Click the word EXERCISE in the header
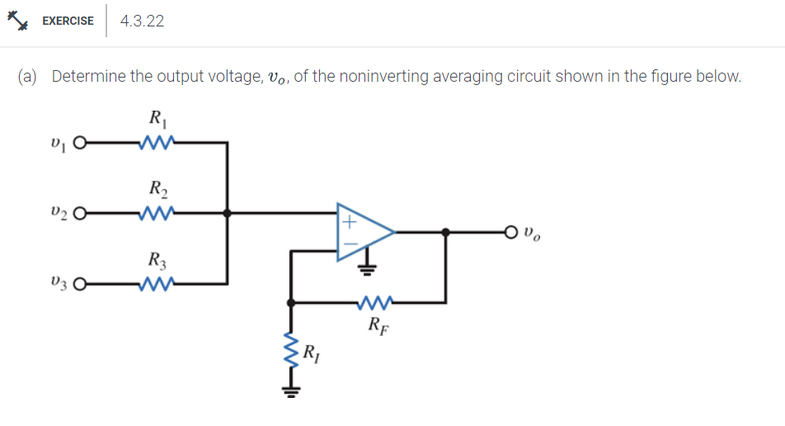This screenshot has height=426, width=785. click(68, 21)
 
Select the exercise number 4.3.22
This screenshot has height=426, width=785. click(142, 21)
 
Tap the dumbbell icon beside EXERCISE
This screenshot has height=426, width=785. click(18, 21)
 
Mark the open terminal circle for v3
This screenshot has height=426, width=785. click(80, 285)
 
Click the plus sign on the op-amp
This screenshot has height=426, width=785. click(348, 222)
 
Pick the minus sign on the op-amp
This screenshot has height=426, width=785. click(348, 244)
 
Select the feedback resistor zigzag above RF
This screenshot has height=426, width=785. click(375, 302)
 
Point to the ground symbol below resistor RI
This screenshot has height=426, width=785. click(289, 391)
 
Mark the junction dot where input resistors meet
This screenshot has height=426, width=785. click(228, 213)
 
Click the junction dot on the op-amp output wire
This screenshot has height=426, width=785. click(446, 233)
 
